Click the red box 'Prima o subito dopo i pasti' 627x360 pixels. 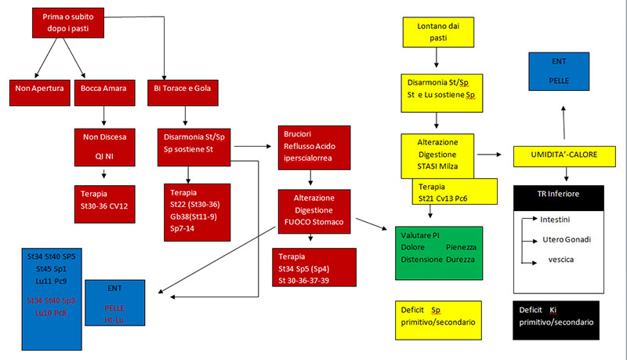coord(69,23)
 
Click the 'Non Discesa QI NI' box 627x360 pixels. coord(104,146)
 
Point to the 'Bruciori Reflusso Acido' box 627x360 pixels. coord(314,146)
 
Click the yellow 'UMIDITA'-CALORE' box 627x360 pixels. coord(561,155)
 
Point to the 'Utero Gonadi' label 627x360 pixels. coord(566,239)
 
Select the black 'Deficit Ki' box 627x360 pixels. coord(556,316)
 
